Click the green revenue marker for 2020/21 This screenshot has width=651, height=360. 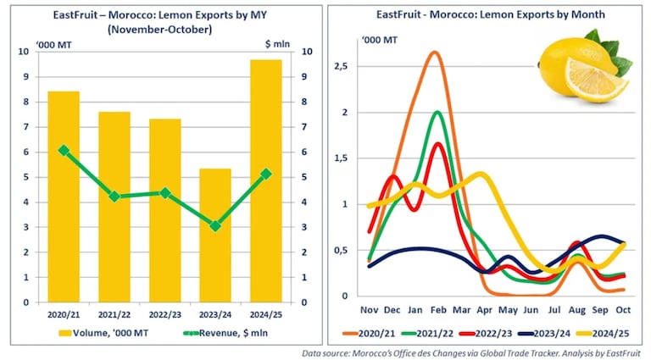point(64,150)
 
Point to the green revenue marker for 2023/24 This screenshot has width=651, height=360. point(215,226)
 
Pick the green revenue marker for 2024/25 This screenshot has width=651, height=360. point(266,174)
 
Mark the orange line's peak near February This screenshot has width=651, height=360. point(434,53)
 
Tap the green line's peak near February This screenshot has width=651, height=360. point(437,112)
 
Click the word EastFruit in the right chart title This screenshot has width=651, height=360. point(402,15)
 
